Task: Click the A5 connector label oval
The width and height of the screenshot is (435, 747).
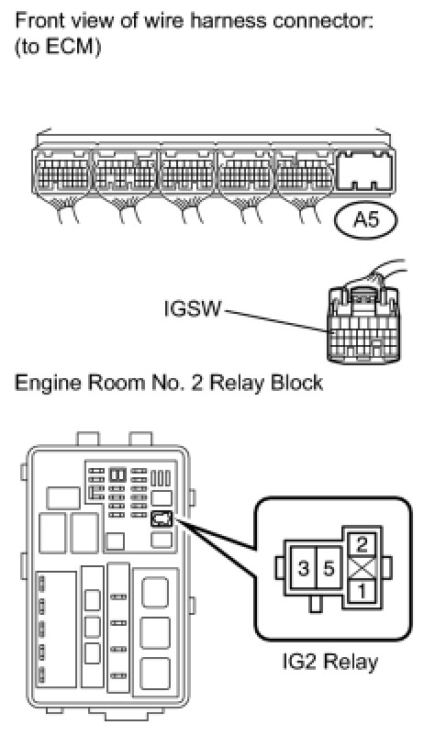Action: pos(366,219)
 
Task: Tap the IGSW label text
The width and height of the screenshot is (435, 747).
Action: pos(193,309)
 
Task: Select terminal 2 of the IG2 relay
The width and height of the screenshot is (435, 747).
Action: pos(362,544)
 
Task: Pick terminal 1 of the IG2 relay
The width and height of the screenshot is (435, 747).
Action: pos(362,591)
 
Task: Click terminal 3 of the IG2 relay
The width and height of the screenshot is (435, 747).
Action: pos(303,568)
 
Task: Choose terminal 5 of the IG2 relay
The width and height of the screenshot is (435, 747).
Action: pos(329,568)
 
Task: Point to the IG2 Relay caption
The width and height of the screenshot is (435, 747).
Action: pos(329,663)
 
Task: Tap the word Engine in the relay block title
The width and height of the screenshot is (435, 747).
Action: pos(45,384)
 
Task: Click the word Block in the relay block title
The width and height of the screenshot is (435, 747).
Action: pos(296,383)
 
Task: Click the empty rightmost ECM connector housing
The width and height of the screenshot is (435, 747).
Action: pos(364,170)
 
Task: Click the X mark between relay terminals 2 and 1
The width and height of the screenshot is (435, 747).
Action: pos(362,568)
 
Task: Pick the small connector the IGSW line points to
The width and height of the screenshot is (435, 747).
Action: pos(363,324)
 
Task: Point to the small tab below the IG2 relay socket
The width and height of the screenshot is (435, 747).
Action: pos(315,604)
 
